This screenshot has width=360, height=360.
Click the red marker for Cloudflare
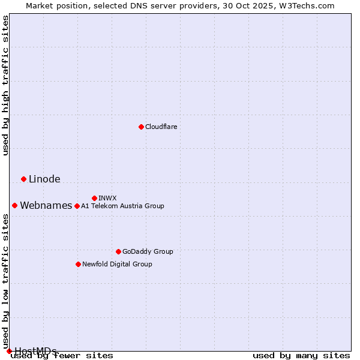tap(141, 127)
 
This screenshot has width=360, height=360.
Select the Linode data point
tap(23, 179)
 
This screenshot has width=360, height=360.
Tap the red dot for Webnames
tap(14, 205)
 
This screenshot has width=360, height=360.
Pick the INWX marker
tap(94, 198)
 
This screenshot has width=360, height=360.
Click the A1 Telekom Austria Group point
tap(77, 206)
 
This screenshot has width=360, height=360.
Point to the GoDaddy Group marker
tap(118, 251)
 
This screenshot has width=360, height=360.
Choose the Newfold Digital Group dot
tap(78, 264)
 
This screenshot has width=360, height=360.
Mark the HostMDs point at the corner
tap(9, 351)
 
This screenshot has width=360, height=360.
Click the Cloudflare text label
tap(161, 127)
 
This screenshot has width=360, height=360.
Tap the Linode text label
tap(44, 179)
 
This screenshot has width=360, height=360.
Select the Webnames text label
tap(46, 205)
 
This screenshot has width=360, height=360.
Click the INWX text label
tap(107, 198)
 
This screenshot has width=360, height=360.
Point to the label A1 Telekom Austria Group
tap(122, 206)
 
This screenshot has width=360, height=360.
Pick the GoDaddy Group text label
tap(148, 251)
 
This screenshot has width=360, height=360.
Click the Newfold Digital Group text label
tap(117, 264)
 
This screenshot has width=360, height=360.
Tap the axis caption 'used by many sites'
tap(301, 355)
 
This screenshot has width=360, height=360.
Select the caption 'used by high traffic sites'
tap(5, 85)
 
